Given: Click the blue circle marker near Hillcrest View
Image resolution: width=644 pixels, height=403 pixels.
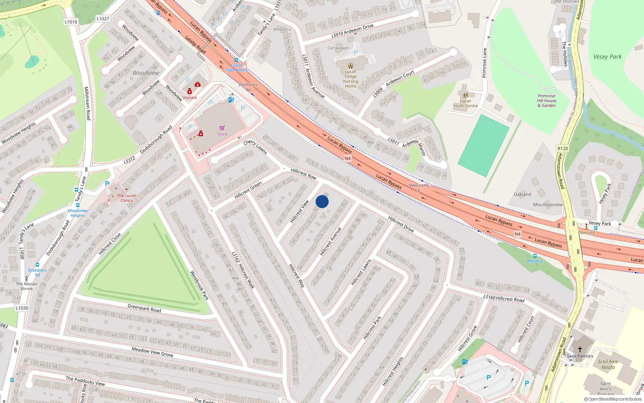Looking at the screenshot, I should point(322,201).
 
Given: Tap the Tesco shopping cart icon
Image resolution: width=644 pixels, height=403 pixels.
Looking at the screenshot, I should point(222,128).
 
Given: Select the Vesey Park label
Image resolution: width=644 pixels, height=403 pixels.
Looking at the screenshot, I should point(607,57).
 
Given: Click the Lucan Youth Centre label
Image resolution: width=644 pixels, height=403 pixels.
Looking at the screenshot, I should point(465,103).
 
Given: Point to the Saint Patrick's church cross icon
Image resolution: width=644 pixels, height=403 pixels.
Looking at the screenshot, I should point(580,349).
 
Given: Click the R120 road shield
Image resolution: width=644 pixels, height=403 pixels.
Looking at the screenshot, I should point(563,149).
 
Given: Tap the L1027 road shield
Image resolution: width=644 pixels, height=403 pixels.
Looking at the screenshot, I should point(103,19).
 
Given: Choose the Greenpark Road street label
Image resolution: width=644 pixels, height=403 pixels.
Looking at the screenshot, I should point(144,308).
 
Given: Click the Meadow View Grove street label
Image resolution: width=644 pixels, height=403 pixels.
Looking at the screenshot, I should point(153,352).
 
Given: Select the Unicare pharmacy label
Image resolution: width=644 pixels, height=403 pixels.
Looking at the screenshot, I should point(190,98).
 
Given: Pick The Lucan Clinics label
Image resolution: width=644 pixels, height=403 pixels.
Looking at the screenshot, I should point(126,198).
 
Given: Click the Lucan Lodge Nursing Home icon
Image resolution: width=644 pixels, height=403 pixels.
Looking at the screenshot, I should point(351,65).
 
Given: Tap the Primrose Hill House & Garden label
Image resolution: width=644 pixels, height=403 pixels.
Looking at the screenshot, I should point(547,101).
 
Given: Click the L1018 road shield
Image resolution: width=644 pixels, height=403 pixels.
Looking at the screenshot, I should point(71,22).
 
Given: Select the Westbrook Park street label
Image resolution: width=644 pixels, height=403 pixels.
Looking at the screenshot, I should point(199,285).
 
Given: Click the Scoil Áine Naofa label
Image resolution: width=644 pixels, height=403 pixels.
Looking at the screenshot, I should point(608,364).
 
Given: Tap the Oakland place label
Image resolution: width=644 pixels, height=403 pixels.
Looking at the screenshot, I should point(522,194).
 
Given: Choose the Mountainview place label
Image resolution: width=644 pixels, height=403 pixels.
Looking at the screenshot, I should point(548,205).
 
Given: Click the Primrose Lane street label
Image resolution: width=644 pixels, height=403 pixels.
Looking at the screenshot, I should point(485,63).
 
